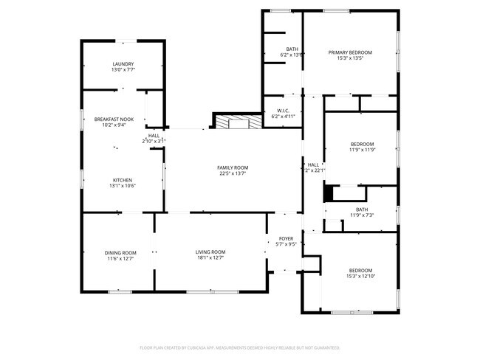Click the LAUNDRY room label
(x=123, y=64)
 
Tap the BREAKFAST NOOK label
(x=114, y=119)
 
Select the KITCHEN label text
(x=122, y=180)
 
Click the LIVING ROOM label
(x=210, y=252)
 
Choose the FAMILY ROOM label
(x=233, y=168)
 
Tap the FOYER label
(x=286, y=239)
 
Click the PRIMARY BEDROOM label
(x=350, y=52)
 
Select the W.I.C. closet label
(x=283, y=111)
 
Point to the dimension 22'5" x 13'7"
(x=233, y=174)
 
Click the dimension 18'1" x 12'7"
(x=210, y=258)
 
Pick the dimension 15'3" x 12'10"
(x=361, y=276)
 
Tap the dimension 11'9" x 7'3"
(x=361, y=215)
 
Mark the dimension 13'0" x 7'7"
(x=123, y=70)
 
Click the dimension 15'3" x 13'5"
(x=350, y=58)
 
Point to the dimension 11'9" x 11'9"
(x=362, y=150)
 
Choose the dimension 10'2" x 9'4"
(x=114, y=125)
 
